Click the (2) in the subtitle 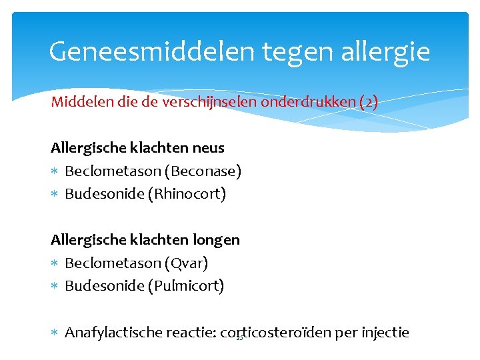tap(368, 103)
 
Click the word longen tap(217, 239)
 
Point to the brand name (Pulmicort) tap(187, 286)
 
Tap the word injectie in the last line tap(385, 332)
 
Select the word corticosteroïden tap(275, 332)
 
